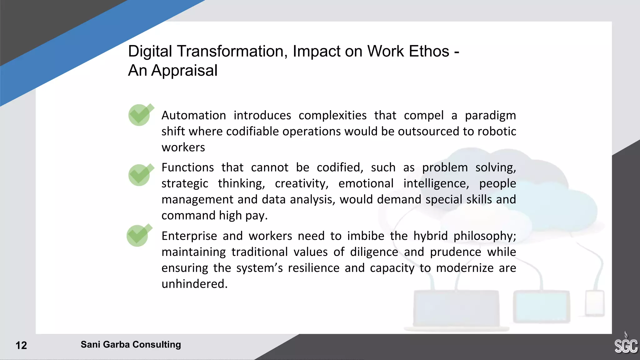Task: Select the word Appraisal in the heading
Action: coord(184,71)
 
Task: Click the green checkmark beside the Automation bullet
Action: coord(140,115)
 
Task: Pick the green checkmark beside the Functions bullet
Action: coord(140,175)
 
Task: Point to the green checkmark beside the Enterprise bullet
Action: coord(138,235)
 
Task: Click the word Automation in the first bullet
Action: coord(194,115)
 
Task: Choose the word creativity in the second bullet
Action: coord(302,183)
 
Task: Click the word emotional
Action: coord(366,183)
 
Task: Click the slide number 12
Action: coord(21,345)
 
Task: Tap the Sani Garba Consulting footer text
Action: coord(131,344)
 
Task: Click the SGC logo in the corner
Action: coord(626,345)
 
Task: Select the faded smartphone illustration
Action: coord(595,303)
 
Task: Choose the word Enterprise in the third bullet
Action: coord(189,236)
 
